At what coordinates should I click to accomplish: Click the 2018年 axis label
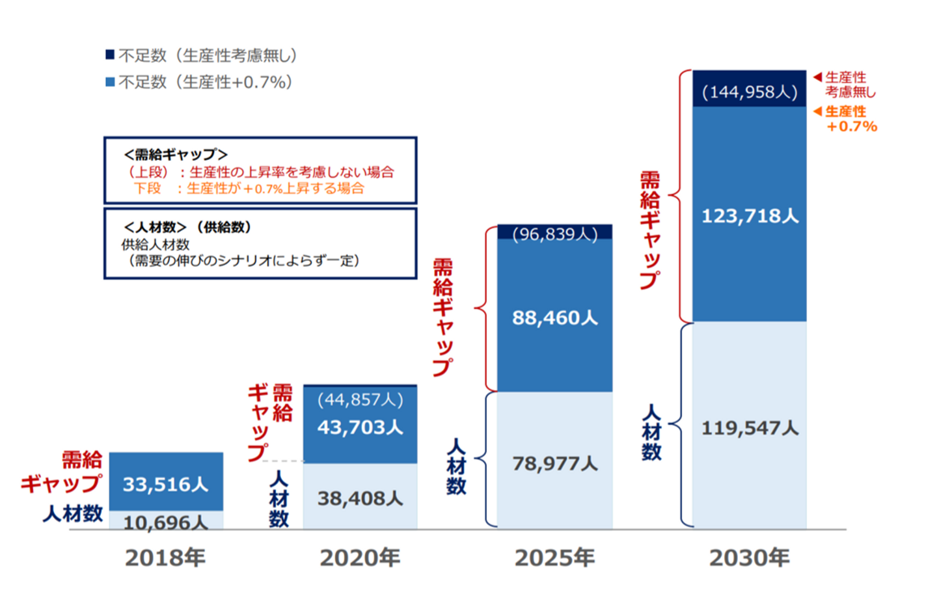pyautogui.click(x=165, y=558)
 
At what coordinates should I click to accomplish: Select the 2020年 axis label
pyautogui.click(x=360, y=558)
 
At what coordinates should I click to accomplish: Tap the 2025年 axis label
pyautogui.click(x=554, y=558)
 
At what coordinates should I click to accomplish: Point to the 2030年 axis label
pyautogui.click(x=749, y=558)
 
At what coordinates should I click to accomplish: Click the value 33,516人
pyautogui.click(x=165, y=484)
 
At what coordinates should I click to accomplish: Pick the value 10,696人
pyautogui.click(x=165, y=522)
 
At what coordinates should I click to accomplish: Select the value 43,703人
pyautogui.click(x=360, y=427)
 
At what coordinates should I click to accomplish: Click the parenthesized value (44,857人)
pyautogui.click(x=360, y=399)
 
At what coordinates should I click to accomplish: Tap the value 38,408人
pyautogui.click(x=360, y=498)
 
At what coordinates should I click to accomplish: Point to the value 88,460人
pyautogui.click(x=554, y=317)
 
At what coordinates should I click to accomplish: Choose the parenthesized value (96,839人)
pyautogui.click(x=554, y=234)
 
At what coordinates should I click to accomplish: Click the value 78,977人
pyautogui.click(x=554, y=463)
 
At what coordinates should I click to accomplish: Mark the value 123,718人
pyautogui.click(x=749, y=215)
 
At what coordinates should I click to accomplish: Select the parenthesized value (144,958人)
pyautogui.click(x=749, y=92)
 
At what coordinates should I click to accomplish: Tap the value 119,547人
pyautogui.click(x=749, y=428)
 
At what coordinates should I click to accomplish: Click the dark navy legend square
pyautogui.click(x=110, y=55)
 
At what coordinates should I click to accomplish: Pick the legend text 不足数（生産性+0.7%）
pyautogui.click(x=206, y=82)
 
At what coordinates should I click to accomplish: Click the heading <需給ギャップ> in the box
pyautogui.click(x=176, y=154)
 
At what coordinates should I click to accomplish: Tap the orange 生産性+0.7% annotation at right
pyautogui.click(x=850, y=119)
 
